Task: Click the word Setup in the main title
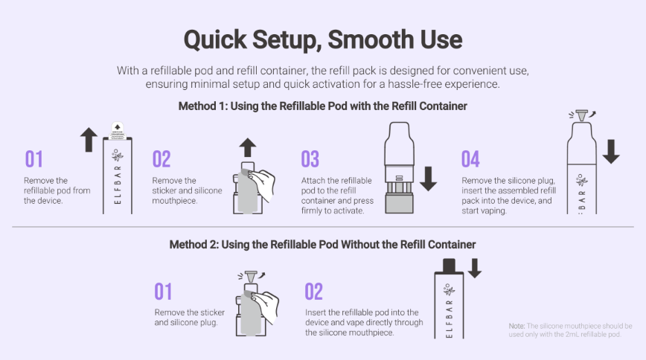click(287, 40)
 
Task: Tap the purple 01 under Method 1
click(33, 159)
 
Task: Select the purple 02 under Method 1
click(161, 159)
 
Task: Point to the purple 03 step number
click(310, 159)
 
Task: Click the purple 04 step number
click(470, 159)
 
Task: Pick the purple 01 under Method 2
click(163, 292)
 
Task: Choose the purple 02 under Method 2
click(313, 292)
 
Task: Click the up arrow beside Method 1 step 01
click(89, 140)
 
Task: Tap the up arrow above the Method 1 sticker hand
click(248, 147)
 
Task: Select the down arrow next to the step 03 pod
click(429, 179)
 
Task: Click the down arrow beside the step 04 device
click(611, 151)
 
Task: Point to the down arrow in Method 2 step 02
click(475, 269)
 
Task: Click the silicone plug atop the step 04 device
click(582, 115)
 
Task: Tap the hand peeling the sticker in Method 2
click(266, 306)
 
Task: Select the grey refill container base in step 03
click(399, 203)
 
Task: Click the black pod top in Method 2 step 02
click(449, 266)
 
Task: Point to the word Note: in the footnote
click(517, 326)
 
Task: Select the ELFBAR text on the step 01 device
click(118, 185)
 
